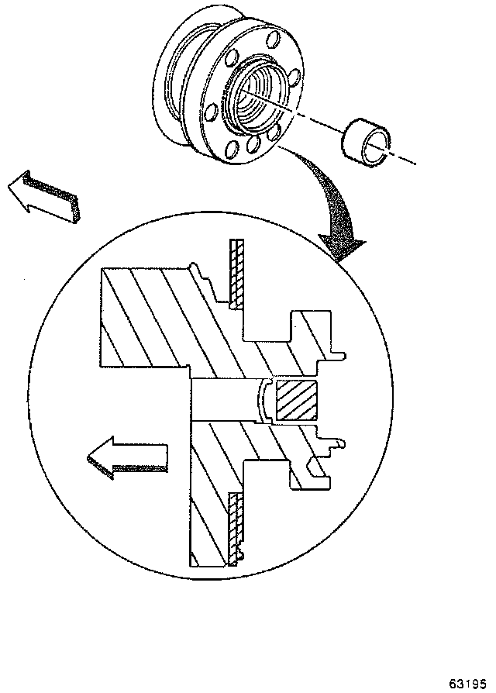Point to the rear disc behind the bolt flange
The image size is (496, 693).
[x=174, y=85]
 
